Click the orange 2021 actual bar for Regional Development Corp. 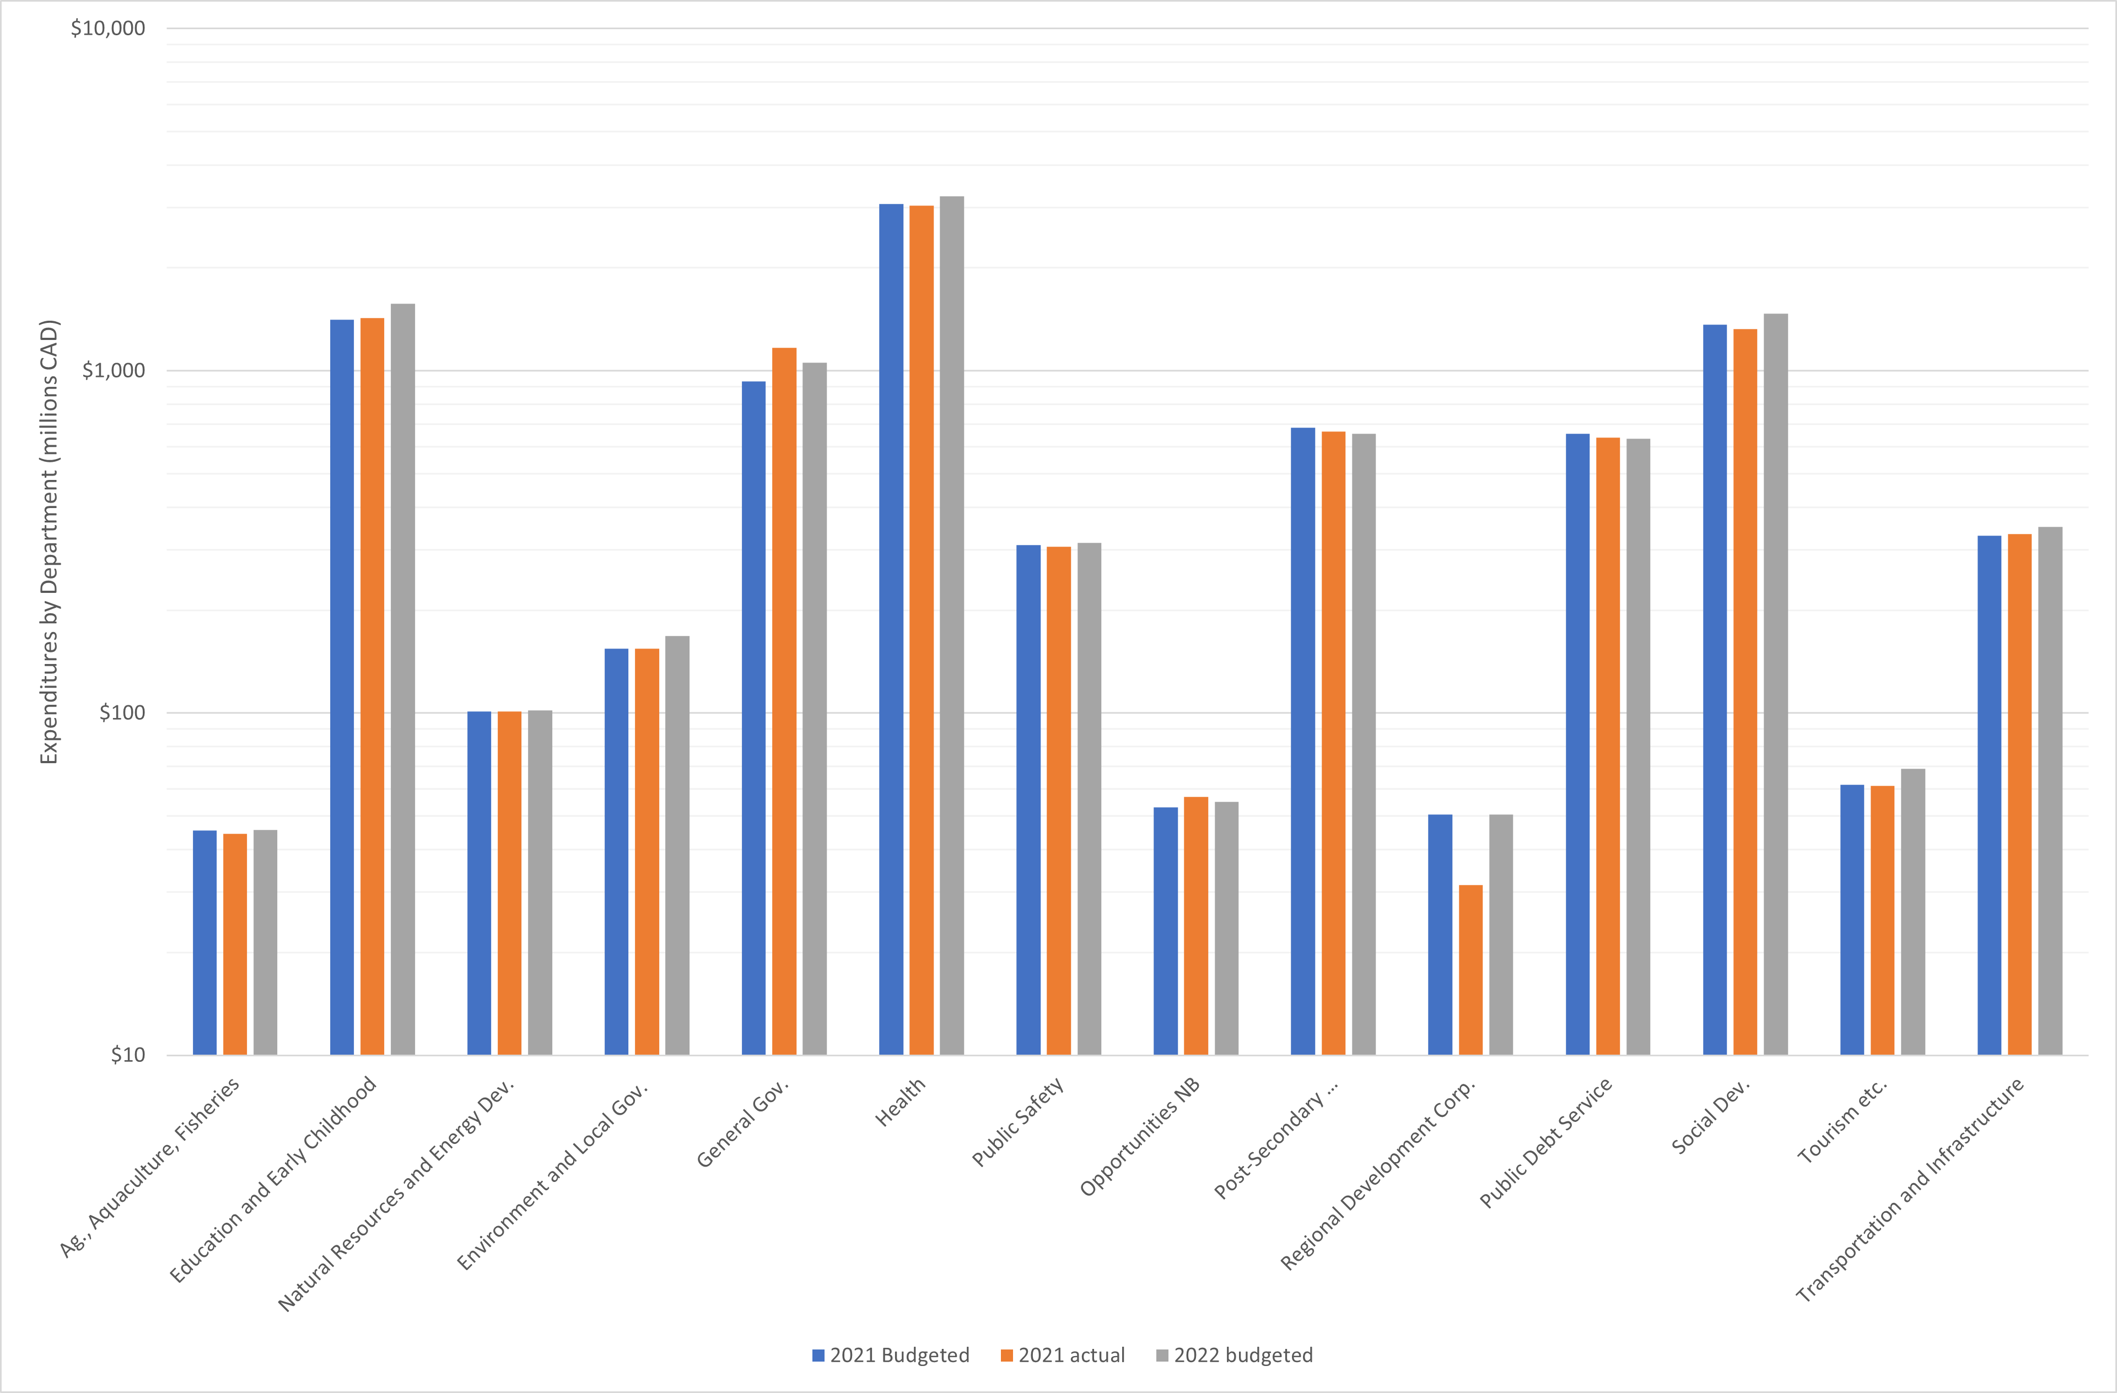pos(1470,970)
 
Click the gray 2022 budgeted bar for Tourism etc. pos(1913,912)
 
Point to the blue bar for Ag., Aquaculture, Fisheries pos(204,943)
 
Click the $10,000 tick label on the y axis pos(107,29)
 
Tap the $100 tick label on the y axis pos(122,712)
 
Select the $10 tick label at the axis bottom pos(127,1055)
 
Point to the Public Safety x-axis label pos(1017,1122)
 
